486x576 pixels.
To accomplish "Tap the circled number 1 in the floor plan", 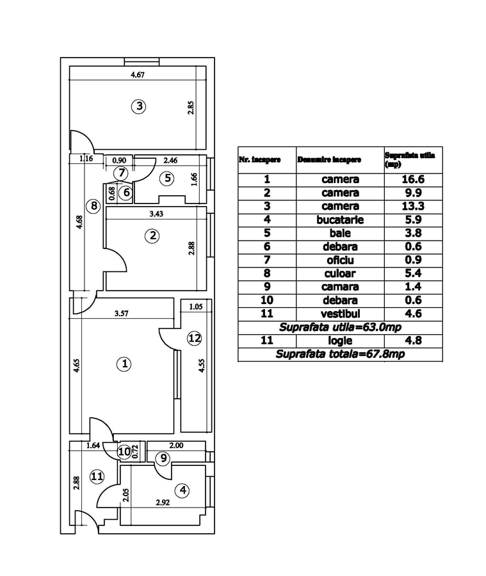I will click(x=125, y=364).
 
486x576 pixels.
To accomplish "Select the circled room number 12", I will click(x=194, y=339).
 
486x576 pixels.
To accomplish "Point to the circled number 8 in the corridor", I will click(x=94, y=206).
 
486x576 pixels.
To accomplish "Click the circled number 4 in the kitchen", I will click(x=183, y=490).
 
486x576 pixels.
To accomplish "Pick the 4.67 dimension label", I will click(x=138, y=75).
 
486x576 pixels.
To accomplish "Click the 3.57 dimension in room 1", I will click(x=121, y=314).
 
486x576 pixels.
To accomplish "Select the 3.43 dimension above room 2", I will click(x=156, y=214).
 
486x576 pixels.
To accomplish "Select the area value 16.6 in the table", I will click(x=413, y=180).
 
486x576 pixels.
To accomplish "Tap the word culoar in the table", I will click(x=340, y=273).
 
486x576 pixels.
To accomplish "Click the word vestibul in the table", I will click(x=340, y=314).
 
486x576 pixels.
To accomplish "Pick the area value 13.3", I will click(x=413, y=206).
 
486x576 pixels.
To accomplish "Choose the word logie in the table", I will click(x=340, y=340).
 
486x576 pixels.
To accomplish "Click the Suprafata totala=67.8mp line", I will click(x=340, y=354).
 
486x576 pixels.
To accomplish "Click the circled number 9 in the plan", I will click(x=164, y=458).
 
